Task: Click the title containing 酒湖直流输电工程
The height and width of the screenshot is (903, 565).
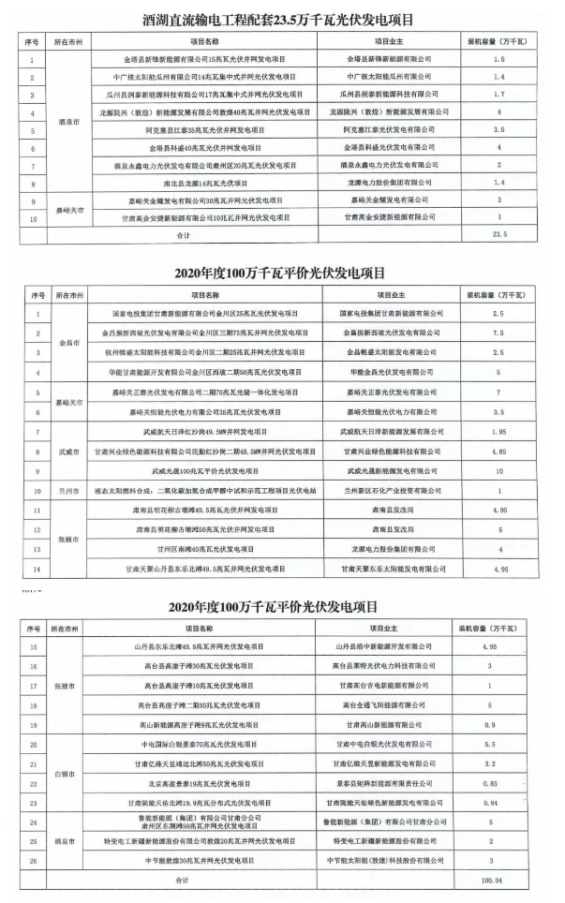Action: pyautogui.click(x=281, y=17)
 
